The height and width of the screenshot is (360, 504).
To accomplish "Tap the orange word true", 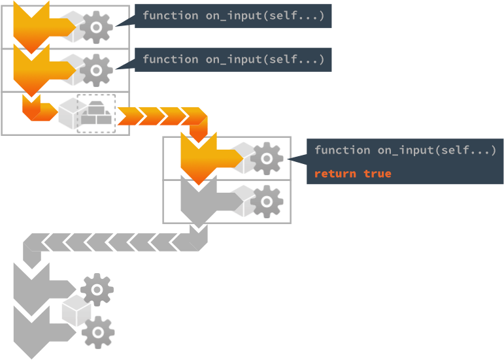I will [x=378, y=174].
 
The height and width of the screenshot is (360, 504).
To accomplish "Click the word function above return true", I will [x=342, y=150].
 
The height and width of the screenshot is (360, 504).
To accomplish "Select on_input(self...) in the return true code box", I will [x=436, y=150].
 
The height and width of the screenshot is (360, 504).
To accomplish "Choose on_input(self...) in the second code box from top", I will [x=265, y=59].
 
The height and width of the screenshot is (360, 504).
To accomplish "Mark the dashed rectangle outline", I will [x=96, y=113].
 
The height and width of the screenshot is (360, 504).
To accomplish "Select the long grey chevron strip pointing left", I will [x=114, y=244].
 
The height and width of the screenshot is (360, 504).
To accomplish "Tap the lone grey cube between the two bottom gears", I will [x=76, y=310].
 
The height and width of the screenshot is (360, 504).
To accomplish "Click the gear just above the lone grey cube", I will [x=97, y=289].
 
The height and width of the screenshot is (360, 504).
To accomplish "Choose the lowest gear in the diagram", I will [x=97, y=332].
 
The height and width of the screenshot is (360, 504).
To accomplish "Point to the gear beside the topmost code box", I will [x=97, y=27].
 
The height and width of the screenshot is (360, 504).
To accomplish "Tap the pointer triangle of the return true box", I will [x=297, y=159].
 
